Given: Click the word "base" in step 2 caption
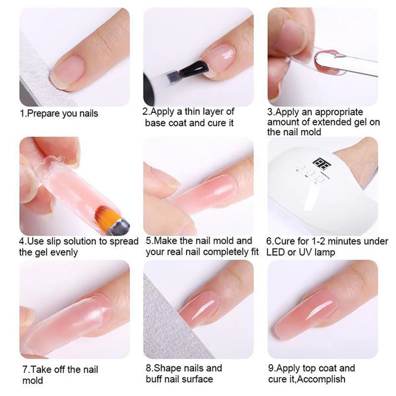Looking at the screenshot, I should (x=156, y=123).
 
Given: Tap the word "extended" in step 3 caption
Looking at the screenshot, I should (x=339, y=122).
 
